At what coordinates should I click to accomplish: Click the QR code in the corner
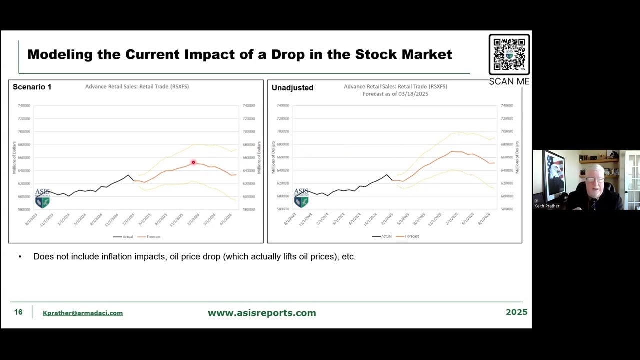[x=509, y=54]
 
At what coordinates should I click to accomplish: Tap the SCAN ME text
[x=509, y=81]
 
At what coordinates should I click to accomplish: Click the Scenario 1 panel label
[x=32, y=87]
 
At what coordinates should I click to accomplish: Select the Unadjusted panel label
[x=292, y=88]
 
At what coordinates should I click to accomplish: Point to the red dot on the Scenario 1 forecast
[x=193, y=162]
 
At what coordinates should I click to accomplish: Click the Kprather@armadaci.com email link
[x=83, y=313]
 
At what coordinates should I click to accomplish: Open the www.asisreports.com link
[x=262, y=313]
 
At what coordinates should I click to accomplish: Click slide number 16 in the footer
[x=18, y=312]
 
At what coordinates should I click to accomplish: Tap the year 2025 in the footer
[x=516, y=312]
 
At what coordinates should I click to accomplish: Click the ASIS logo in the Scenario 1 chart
[x=42, y=198]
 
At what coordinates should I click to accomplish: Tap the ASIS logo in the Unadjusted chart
[x=301, y=198]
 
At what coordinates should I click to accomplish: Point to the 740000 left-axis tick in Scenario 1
[x=24, y=105]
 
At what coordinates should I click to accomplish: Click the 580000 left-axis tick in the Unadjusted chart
[x=283, y=209]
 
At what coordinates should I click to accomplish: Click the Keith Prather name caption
[x=547, y=206]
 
